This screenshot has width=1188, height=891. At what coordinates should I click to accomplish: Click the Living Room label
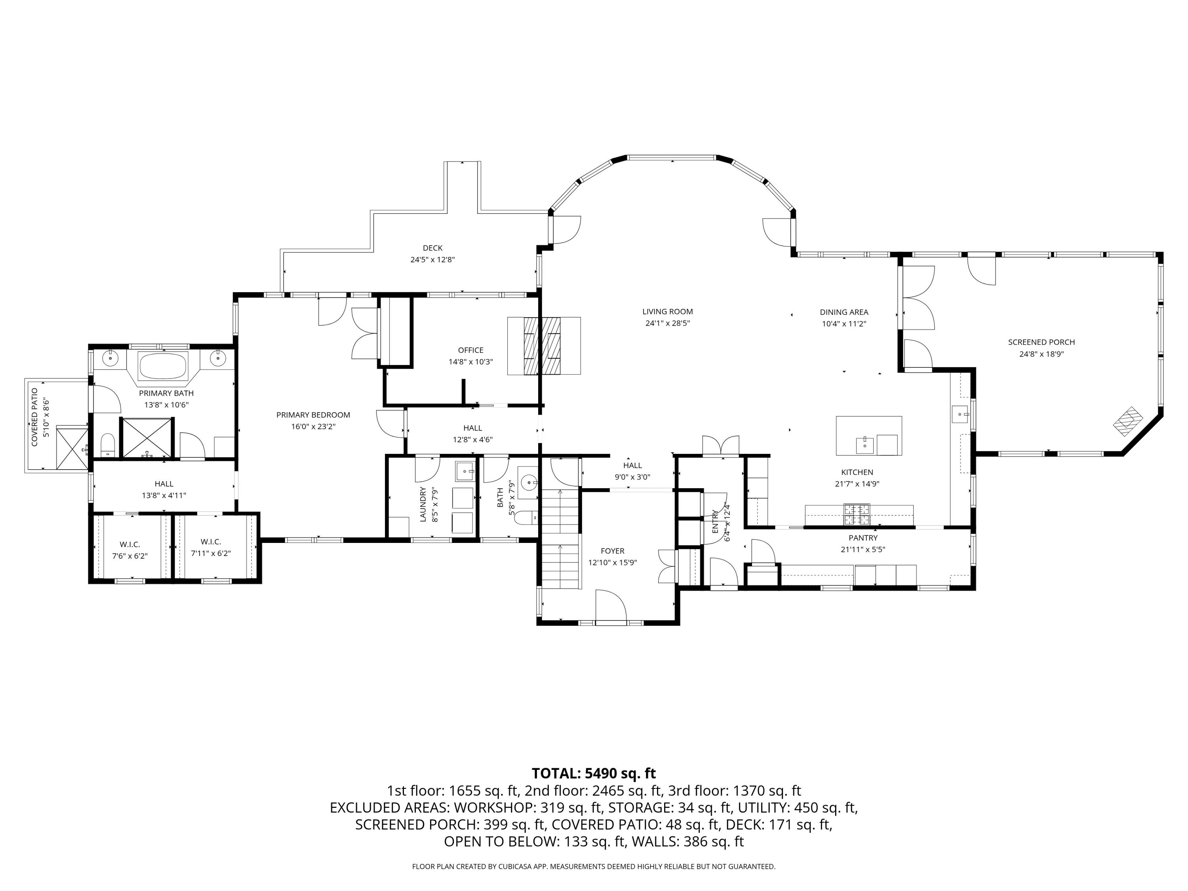click(x=668, y=312)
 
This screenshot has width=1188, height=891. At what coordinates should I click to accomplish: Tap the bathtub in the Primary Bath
click(x=163, y=367)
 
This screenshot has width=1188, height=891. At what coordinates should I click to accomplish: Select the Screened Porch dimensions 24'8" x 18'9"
click(x=1041, y=354)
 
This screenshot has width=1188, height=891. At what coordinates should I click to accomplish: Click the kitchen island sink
click(x=865, y=445)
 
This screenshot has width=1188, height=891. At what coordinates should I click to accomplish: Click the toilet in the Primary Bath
click(x=108, y=445)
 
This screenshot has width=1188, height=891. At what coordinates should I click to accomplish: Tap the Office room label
click(x=470, y=350)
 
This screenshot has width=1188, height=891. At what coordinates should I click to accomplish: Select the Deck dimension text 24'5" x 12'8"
click(x=432, y=259)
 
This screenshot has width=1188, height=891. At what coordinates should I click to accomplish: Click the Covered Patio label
click(x=35, y=417)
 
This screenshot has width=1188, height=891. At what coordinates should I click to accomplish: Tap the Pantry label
click(x=863, y=538)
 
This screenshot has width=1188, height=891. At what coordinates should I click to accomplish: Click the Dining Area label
click(x=844, y=312)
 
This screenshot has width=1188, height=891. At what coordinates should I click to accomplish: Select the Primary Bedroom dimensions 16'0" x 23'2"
click(x=313, y=426)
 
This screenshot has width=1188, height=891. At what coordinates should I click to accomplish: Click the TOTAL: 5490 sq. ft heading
click(x=594, y=773)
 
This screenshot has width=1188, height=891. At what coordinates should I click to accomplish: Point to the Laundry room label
click(x=422, y=505)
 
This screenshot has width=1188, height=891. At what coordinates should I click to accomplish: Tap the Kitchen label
click(x=857, y=472)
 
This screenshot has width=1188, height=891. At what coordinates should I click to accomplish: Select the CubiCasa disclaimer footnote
click(x=594, y=866)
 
